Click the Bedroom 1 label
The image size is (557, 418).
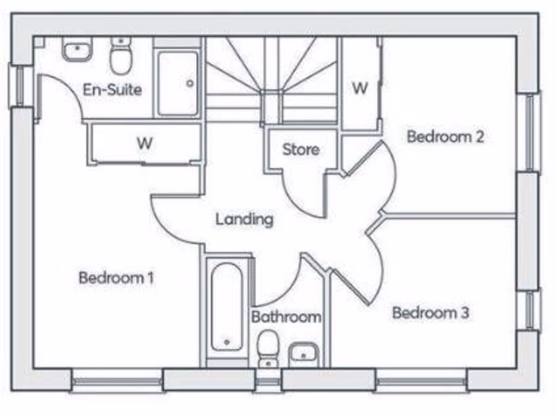pyautogui.click(x=116, y=278)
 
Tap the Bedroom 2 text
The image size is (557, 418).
pyautogui.click(x=445, y=137)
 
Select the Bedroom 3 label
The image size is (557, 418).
pyautogui.click(x=430, y=313)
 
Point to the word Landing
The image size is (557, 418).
pyautogui.click(x=244, y=220)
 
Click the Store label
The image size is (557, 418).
pyautogui.click(x=300, y=150)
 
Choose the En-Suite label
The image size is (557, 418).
pyautogui.click(x=112, y=90)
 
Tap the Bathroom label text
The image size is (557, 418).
pyautogui.click(x=286, y=317)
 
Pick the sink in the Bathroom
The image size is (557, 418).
pyautogui.click(x=304, y=353)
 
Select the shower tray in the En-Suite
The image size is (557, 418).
pyautogui.click(x=178, y=83)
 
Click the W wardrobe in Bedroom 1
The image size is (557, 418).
pyautogui.click(x=144, y=144)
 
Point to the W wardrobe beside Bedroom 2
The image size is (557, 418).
pyautogui.click(x=360, y=87)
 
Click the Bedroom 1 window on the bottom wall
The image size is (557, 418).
pyautogui.click(x=117, y=381)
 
